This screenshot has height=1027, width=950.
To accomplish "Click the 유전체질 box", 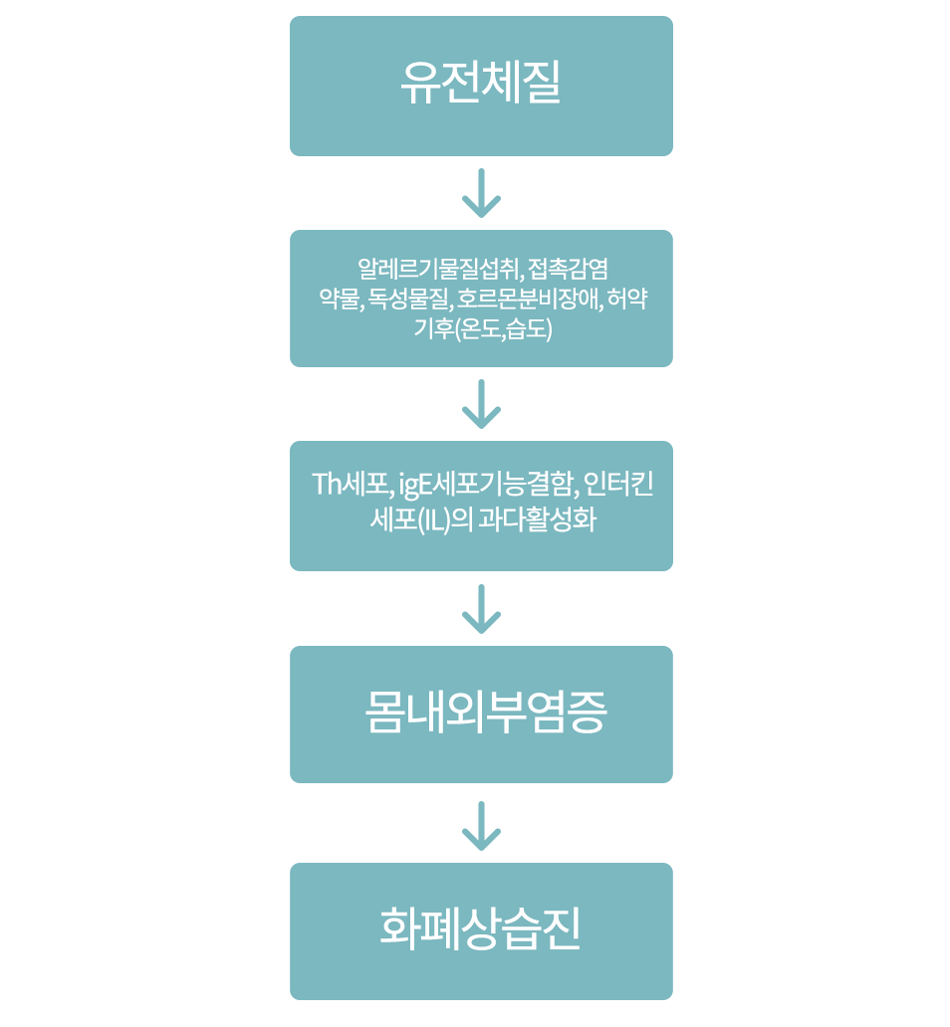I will (x=481, y=86).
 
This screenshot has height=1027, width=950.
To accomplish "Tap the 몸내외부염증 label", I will (x=486, y=714).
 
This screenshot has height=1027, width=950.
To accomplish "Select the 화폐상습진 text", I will (x=481, y=929).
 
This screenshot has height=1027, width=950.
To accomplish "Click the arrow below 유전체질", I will (x=481, y=193).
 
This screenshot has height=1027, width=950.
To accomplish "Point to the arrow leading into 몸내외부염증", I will (x=481, y=609).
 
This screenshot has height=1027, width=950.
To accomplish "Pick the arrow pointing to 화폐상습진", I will (x=481, y=826).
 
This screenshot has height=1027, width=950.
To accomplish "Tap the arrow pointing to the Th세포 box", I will (x=481, y=404).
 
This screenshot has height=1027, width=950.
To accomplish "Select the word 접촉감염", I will (x=568, y=269).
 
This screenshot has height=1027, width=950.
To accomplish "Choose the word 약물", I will (x=335, y=299).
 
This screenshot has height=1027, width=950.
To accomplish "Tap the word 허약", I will (x=628, y=299).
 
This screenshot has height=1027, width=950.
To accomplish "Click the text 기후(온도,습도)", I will (x=481, y=328).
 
